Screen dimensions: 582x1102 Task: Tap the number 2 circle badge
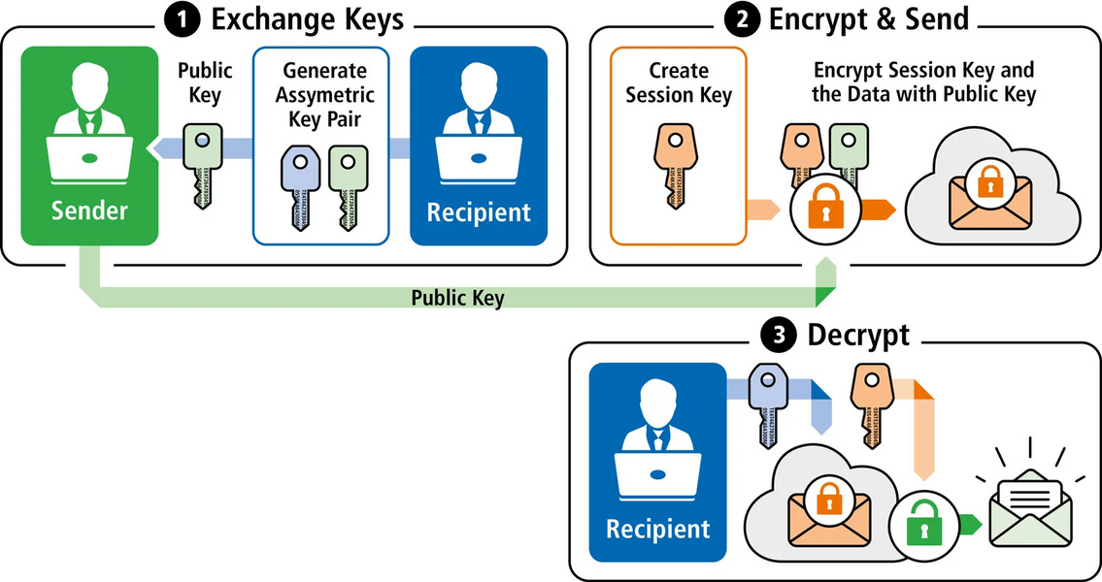743,20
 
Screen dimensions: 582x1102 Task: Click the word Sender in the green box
89,210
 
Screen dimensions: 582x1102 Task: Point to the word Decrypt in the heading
858,337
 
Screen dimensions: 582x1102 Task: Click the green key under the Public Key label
203,165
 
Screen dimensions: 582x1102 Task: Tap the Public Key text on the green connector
457,298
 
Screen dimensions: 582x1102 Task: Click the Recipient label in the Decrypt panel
658,530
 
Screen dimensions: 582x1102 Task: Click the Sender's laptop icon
89,157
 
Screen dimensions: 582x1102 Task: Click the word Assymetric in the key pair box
319,95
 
